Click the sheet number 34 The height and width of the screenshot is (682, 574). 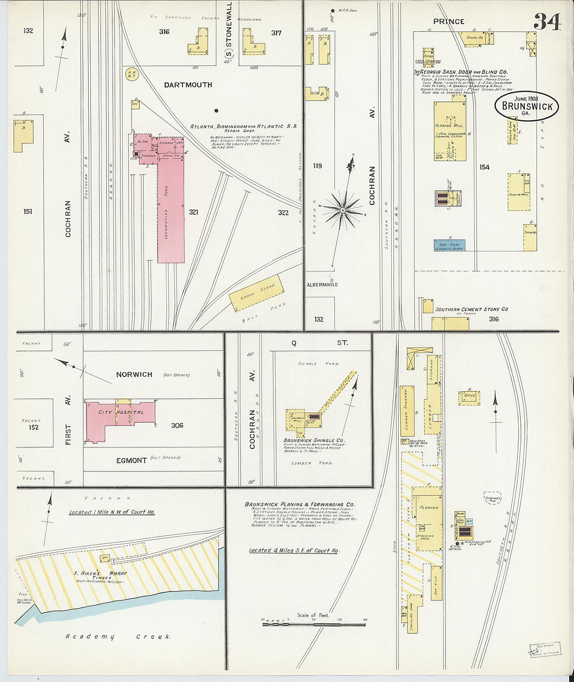pos(547,22)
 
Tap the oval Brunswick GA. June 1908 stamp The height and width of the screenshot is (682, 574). pos(527,106)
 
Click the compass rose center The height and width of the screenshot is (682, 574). pos(342,210)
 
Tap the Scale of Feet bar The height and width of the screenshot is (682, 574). pos(314,624)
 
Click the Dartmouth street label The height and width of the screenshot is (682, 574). pos(188,85)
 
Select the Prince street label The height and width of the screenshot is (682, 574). pos(448,21)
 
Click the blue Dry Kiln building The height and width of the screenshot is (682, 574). pos(449,245)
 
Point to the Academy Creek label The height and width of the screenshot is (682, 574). pos(118,637)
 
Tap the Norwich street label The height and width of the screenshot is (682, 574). pos(134,375)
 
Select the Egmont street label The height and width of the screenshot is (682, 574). pos(131,460)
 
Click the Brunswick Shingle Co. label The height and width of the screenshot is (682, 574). pos(314,441)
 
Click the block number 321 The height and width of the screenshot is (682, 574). pos(194,212)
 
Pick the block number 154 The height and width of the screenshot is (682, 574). pos(484,167)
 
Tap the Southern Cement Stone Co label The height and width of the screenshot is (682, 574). pos(472,309)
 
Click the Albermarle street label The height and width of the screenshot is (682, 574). pos(322,285)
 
